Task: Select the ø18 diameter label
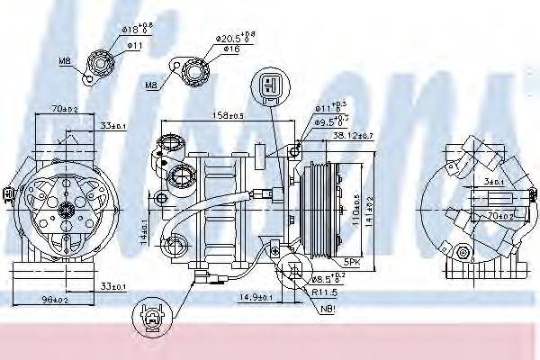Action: click(138, 30)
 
